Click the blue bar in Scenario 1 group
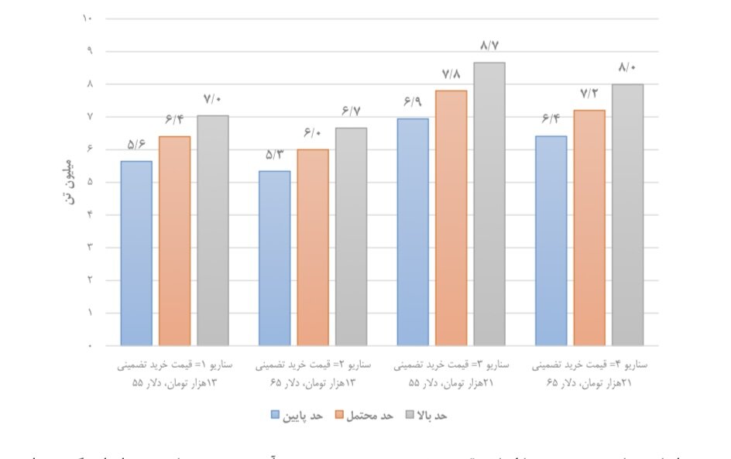point(136,253)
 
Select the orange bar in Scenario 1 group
point(174,241)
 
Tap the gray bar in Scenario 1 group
point(213,231)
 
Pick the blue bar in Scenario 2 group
point(274,258)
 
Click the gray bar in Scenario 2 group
point(351,236)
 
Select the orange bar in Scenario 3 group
point(451,218)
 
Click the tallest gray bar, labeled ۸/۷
point(489,204)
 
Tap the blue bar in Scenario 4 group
point(551,241)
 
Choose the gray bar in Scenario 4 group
point(627,214)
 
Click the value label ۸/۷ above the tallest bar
point(489,46)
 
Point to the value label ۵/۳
point(274,154)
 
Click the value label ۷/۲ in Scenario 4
point(589,94)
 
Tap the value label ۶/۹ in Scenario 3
point(412,101)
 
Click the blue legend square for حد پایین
point(275,415)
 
